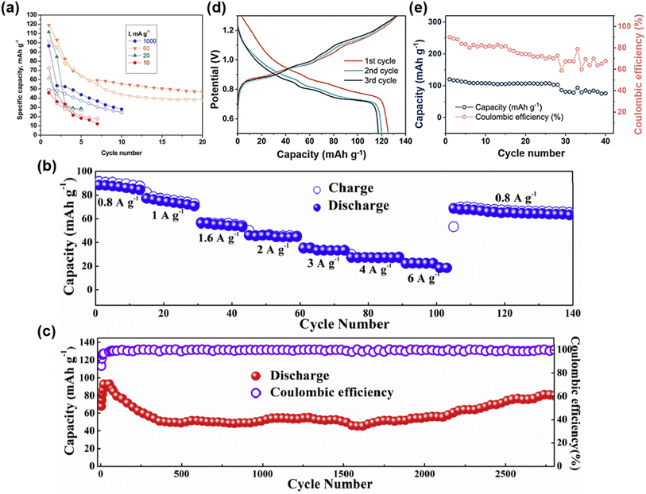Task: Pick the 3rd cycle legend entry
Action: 362,82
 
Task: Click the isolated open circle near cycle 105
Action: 454,226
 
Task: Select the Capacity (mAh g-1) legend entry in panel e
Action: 501,104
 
